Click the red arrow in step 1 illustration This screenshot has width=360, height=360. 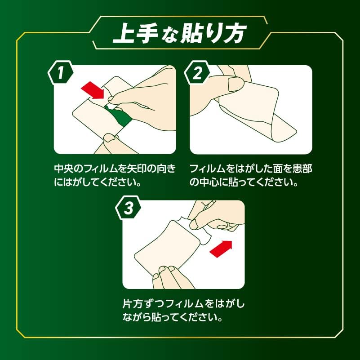93,89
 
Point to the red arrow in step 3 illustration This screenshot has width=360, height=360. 222,248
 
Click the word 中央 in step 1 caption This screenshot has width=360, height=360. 61,169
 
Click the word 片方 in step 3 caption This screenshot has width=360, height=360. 132,304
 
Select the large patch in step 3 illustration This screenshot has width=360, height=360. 169,245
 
